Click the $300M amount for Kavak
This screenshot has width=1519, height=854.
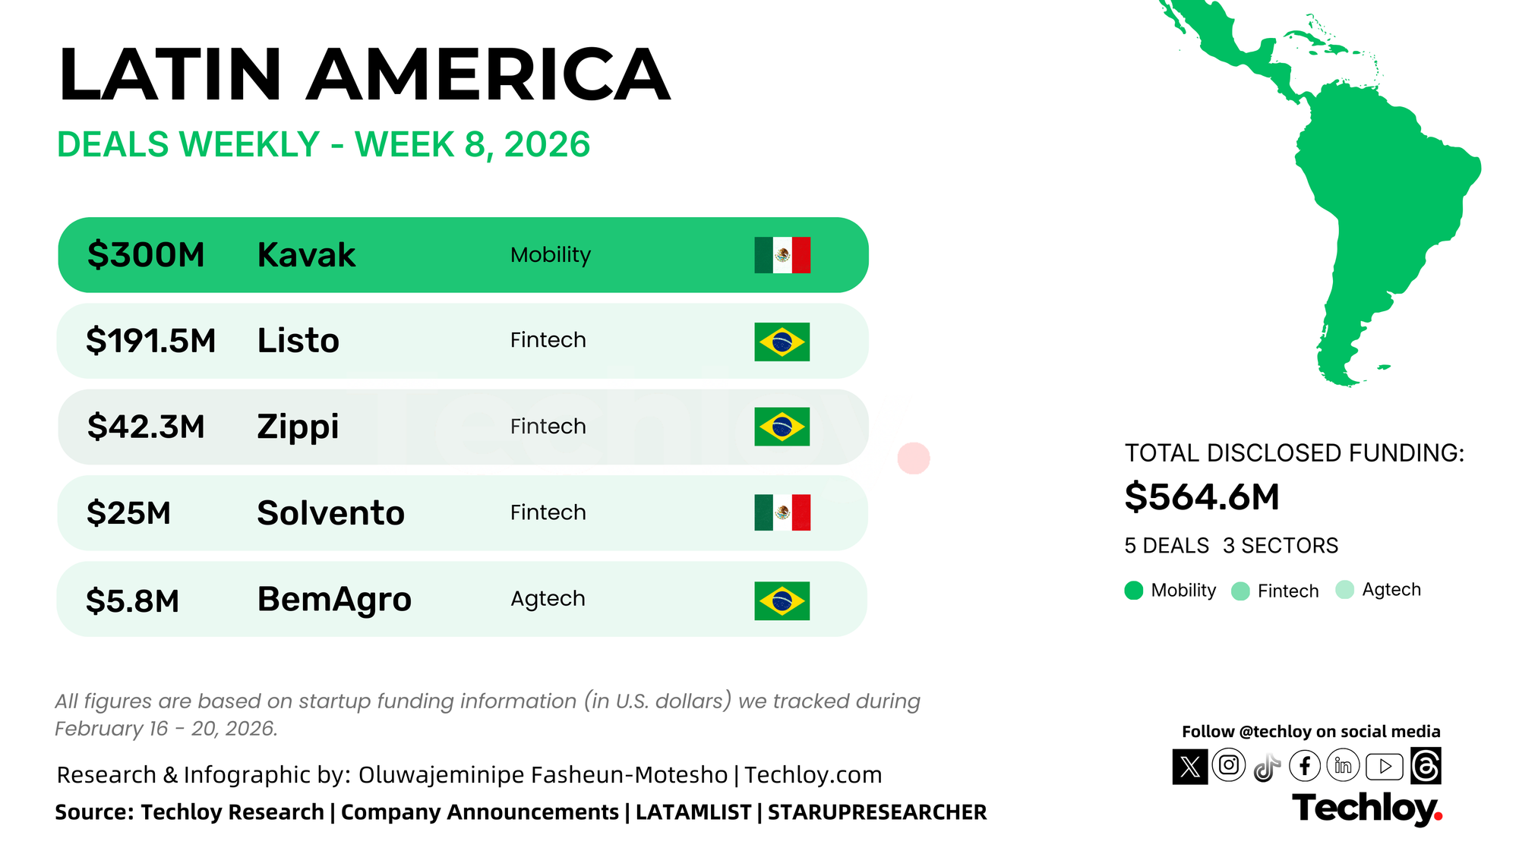click(x=146, y=255)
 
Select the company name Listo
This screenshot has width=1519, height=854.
click(x=298, y=341)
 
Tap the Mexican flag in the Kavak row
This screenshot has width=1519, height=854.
click(x=782, y=255)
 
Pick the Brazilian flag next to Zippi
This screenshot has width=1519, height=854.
click(x=782, y=427)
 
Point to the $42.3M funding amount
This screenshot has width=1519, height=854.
click(x=146, y=427)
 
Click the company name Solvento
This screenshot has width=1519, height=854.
click(x=330, y=513)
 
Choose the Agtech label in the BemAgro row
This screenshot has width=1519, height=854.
click(x=548, y=599)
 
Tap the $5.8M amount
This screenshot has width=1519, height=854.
click(x=133, y=600)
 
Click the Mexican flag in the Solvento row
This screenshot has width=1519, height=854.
click(x=782, y=512)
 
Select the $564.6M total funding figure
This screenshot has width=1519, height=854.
click(x=1202, y=497)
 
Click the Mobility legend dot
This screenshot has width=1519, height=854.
click(x=1134, y=591)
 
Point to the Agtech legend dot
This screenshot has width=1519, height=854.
click(x=1344, y=590)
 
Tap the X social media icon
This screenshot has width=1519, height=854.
click(x=1190, y=767)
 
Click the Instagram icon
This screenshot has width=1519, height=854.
click(x=1229, y=765)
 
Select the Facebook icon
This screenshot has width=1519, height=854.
click(x=1305, y=766)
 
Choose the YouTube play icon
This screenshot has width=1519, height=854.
click(x=1385, y=767)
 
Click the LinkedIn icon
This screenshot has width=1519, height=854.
click(x=1343, y=766)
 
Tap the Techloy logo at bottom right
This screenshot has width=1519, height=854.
click(x=1366, y=808)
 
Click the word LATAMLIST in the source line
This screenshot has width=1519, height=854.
click(x=693, y=812)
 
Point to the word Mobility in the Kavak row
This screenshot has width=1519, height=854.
click(x=551, y=255)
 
